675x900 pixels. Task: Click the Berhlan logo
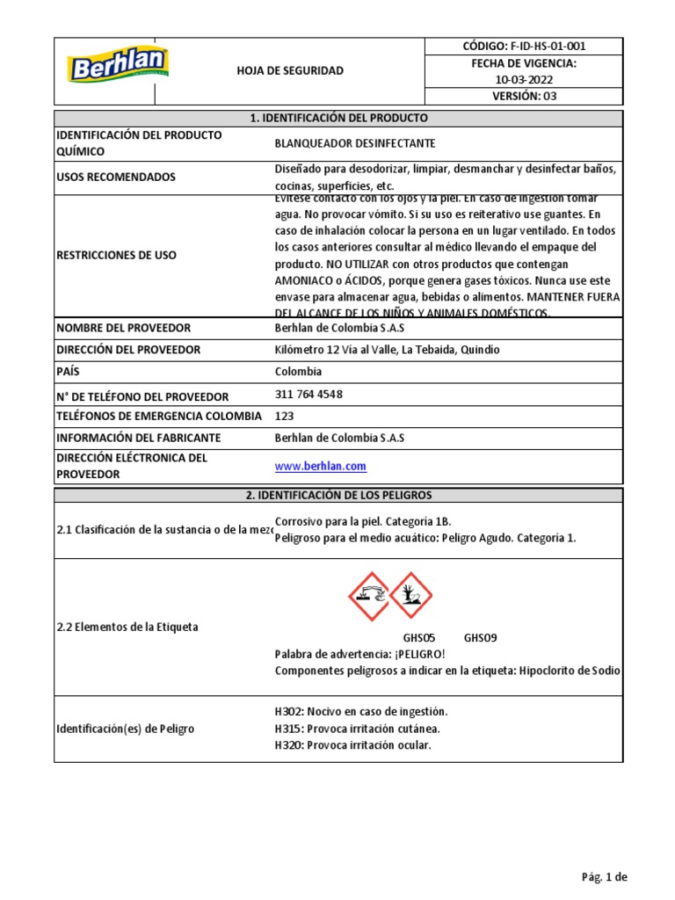pyautogui.click(x=119, y=66)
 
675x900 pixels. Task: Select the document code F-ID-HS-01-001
pyautogui.click(x=524, y=47)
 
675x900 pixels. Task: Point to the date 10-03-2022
pyautogui.click(x=524, y=80)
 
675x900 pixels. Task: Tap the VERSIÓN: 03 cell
pyautogui.click(x=524, y=97)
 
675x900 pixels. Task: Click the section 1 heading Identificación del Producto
pyautogui.click(x=338, y=118)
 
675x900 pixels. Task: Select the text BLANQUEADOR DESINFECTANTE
pyautogui.click(x=355, y=143)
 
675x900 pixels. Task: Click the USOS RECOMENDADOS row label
pyautogui.click(x=116, y=177)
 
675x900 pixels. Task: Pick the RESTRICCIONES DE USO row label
pyautogui.click(x=116, y=256)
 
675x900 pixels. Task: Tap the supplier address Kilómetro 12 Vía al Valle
pyautogui.click(x=387, y=350)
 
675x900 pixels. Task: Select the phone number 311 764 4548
pyautogui.click(x=309, y=395)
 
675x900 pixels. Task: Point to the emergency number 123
pyautogui.click(x=285, y=416)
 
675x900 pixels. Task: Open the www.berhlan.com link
pyautogui.click(x=321, y=467)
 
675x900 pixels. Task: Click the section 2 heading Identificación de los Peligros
pyautogui.click(x=338, y=496)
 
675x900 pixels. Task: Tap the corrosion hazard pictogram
pyautogui.click(x=368, y=596)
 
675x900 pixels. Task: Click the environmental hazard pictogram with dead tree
pyautogui.click(x=410, y=596)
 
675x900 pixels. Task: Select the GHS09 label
pyautogui.click(x=481, y=638)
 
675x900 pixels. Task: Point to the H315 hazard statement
pyautogui.click(x=358, y=729)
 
